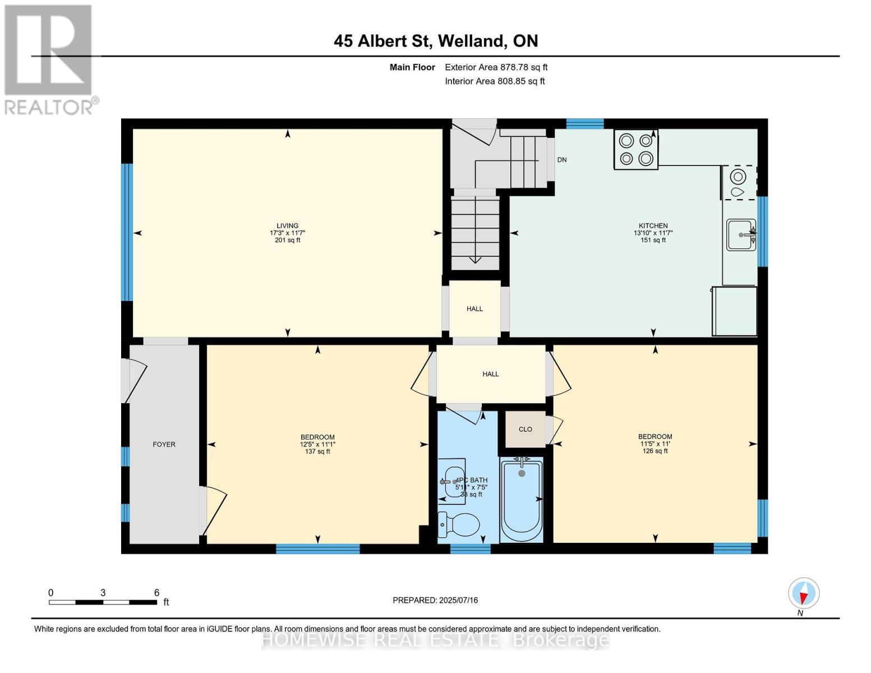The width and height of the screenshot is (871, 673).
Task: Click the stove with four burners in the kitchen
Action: (636, 149)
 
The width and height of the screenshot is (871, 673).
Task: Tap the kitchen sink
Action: (740, 234)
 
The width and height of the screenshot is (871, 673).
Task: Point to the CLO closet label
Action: (525, 430)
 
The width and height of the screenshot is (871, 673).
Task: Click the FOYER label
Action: (164, 444)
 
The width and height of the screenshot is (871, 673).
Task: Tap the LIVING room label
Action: (287, 226)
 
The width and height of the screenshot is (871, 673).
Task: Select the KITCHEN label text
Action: (653, 226)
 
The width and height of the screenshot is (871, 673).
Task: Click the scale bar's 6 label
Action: (156, 593)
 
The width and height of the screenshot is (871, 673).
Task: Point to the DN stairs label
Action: (562, 160)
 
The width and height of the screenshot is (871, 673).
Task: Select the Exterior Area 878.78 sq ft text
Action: (496, 67)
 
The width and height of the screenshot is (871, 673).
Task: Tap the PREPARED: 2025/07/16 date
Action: (435, 600)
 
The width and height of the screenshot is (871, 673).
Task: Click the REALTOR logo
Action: (48, 59)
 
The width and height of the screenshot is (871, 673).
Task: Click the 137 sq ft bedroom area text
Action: (317, 451)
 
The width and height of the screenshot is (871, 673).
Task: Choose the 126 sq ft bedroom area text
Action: (655, 451)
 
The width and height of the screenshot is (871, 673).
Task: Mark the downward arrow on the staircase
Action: (475, 259)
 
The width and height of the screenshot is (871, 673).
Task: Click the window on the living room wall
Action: (127, 232)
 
